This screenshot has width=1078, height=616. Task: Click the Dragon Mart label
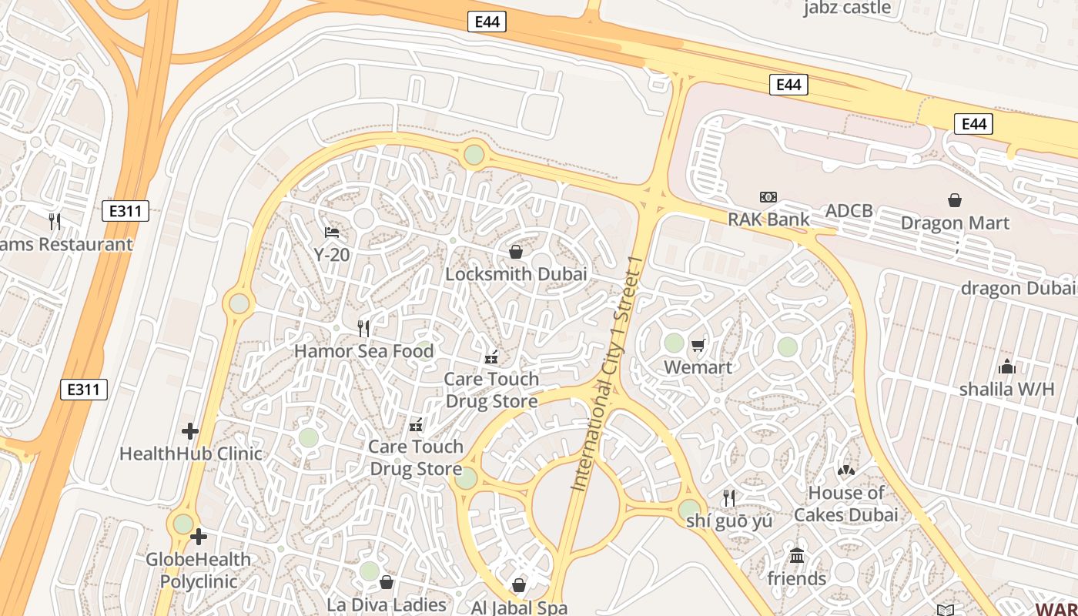(x=955, y=223)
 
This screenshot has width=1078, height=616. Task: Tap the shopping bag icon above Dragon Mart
(x=955, y=200)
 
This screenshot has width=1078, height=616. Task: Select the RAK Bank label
(x=768, y=219)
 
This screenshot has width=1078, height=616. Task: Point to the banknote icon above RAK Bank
(x=768, y=197)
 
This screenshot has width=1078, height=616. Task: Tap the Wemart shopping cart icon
(x=698, y=345)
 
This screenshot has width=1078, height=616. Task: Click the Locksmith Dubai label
(x=516, y=274)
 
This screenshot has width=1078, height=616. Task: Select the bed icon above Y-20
(x=332, y=232)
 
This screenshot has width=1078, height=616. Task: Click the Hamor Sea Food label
(x=364, y=351)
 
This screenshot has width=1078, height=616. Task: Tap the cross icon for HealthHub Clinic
(x=190, y=431)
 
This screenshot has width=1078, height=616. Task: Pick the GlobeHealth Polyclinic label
(x=199, y=570)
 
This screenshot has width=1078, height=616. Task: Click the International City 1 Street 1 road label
(x=608, y=373)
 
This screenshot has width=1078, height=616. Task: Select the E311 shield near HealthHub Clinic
(x=84, y=390)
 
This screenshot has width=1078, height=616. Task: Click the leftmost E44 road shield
(x=487, y=22)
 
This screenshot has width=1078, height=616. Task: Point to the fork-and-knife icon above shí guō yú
(x=728, y=498)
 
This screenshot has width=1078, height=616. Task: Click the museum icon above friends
(x=797, y=555)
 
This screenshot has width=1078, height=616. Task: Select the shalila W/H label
(x=1006, y=390)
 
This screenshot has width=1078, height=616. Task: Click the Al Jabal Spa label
(x=519, y=608)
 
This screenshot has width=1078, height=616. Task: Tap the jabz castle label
(x=847, y=8)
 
